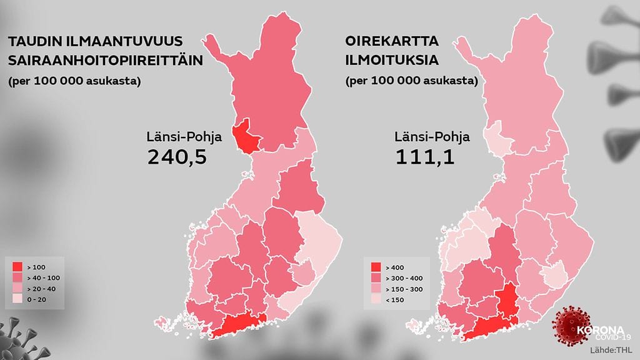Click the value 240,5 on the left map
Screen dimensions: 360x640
click(177, 157)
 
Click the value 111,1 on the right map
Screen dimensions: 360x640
click(424, 157)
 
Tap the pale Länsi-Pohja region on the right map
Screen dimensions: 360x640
click(497, 137)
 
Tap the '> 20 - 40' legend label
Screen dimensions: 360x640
click(41, 289)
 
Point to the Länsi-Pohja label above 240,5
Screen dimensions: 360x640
click(176, 136)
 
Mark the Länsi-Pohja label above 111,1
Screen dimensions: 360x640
click(424, 136)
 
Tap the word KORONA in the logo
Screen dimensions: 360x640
click(598, 329)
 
